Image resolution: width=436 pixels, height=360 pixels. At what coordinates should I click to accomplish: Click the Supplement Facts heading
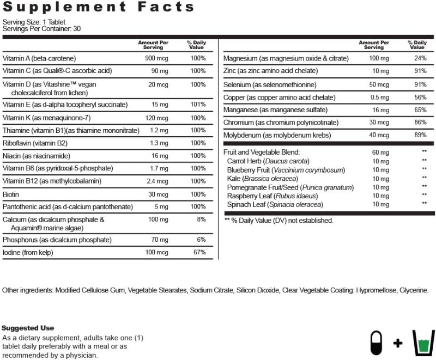tap(99, 7)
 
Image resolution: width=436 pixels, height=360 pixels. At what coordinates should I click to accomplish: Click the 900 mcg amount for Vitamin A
tap(156, 58)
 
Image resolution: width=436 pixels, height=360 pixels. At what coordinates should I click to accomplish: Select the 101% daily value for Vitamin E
tap(198, 105)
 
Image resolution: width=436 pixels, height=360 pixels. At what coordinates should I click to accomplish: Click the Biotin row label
tap(11, 194)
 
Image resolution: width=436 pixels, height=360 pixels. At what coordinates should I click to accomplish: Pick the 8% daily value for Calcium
tap(202, 219)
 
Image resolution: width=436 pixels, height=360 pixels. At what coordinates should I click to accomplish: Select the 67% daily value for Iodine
tap(199, 252)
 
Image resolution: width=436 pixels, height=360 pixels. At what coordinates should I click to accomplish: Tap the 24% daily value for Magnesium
tap(420, 58)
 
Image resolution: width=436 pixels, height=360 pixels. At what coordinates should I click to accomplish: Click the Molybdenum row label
tap(277, 135)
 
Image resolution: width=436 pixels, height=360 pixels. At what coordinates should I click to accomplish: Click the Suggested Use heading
tap(28, 328)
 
